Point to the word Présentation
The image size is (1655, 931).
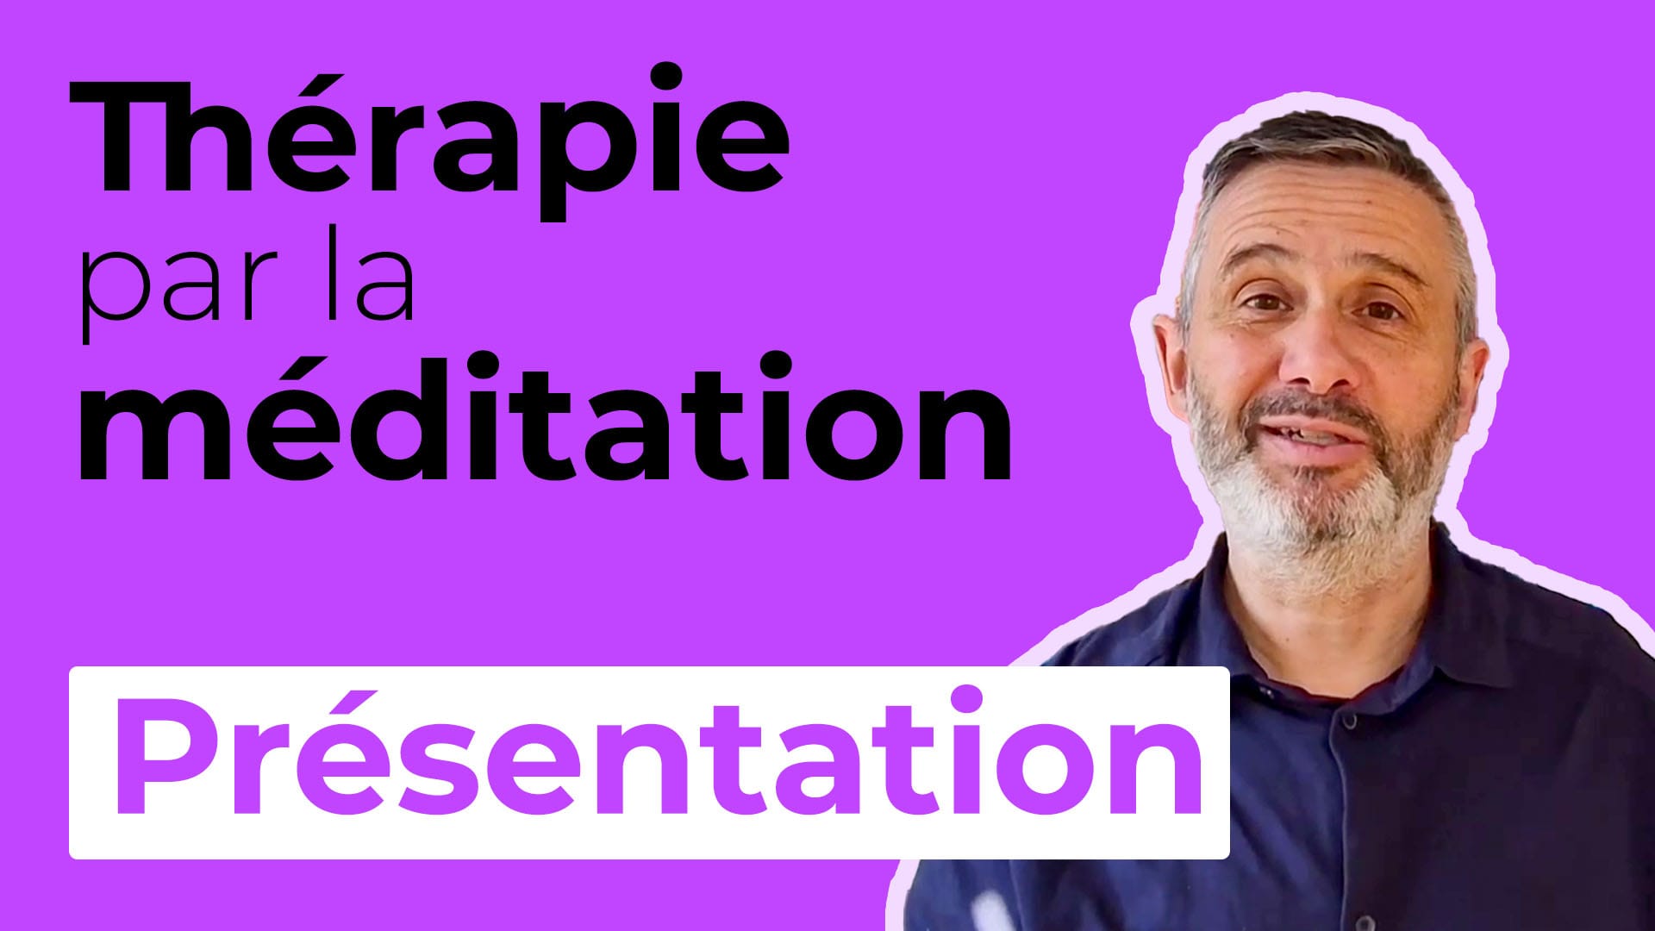(x=659, y=754)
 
